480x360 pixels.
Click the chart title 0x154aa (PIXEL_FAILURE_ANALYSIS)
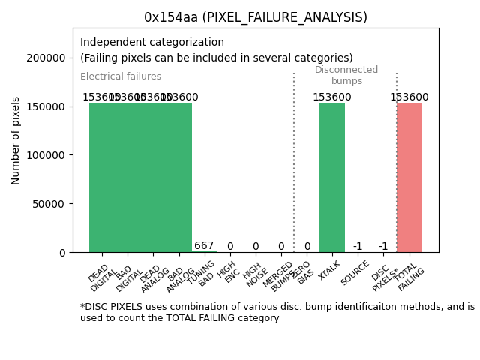tap(256, 17)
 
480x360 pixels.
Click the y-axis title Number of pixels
tap(16, 140)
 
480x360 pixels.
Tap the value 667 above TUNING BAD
tap(204, 246)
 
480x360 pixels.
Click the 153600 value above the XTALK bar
tap(332, 97)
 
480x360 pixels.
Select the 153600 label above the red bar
tap(409, 97)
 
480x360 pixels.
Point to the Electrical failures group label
tap(121, 76)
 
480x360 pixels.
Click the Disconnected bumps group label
tap(346, 75)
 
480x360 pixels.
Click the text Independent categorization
tap(152, 43)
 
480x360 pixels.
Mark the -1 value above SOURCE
tap(358, 247)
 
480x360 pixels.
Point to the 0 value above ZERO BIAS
tap(307, 247)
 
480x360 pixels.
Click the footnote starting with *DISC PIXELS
tap(277, 312)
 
